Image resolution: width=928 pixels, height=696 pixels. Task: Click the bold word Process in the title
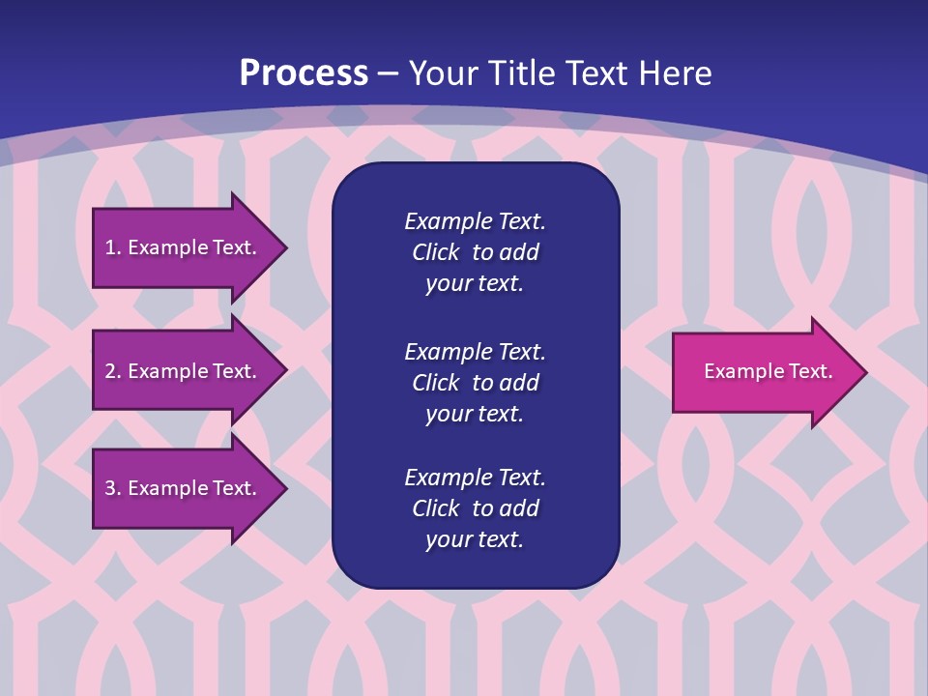click(304, 73)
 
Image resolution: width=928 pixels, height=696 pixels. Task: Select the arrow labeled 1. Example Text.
click(184, 247)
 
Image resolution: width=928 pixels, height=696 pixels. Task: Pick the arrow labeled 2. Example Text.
click(184, 371)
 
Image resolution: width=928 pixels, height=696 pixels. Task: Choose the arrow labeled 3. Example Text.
click(184, 488)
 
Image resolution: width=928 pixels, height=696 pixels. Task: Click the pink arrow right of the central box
click(764, 371)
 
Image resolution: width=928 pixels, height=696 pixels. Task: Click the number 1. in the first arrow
click(112, 247)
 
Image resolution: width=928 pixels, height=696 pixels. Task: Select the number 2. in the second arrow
click(112, 371)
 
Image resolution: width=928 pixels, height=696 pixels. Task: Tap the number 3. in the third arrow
click(112, 488)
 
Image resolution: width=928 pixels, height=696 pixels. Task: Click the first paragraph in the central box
click(475, 252)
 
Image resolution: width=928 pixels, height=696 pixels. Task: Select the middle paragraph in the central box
click(475, 383)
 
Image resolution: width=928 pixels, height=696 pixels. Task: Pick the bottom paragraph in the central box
click(475, 508)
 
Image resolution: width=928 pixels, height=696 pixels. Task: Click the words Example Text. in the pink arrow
click(768, 371)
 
